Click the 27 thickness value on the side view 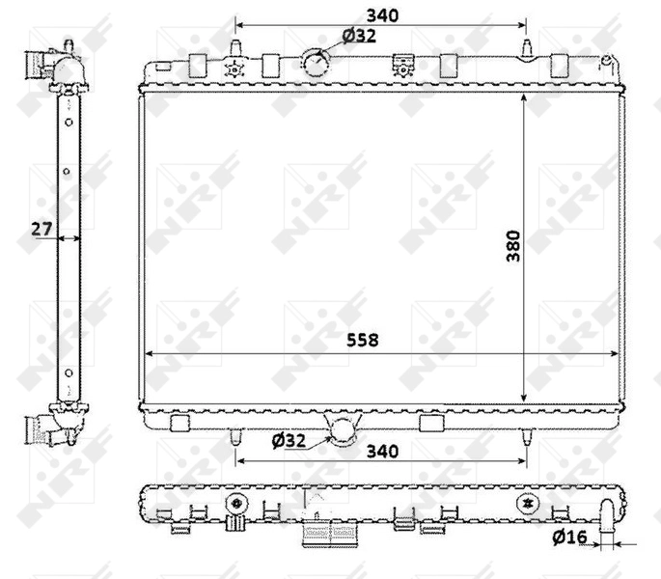click(41, 229)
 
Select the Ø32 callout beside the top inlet click(359, 37)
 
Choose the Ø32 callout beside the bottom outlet click(289, 440)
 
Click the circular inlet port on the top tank click(316, 63)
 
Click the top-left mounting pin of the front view click(235, 48)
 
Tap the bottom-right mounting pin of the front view click(526, 437)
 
